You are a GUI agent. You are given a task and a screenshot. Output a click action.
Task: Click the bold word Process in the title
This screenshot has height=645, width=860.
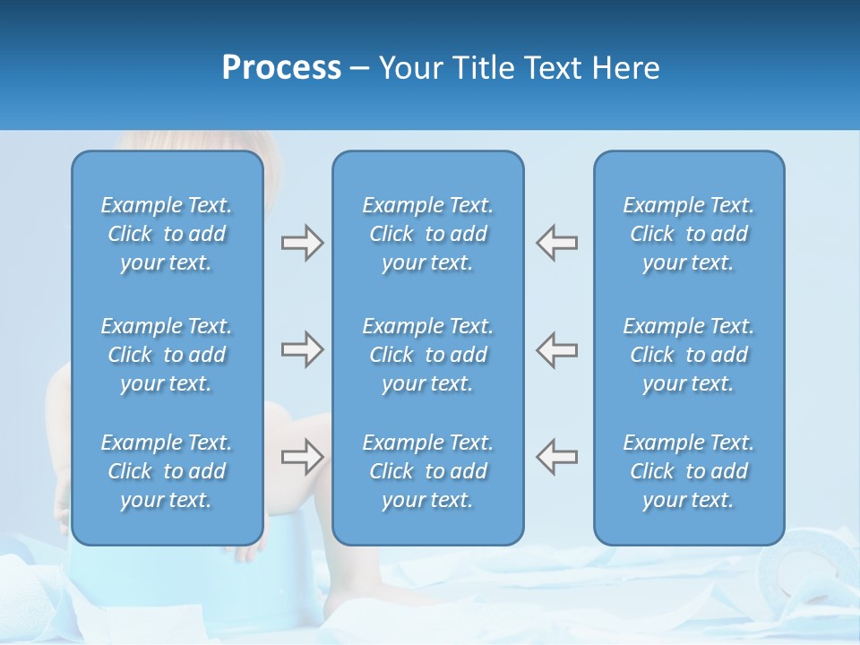tap(281, 68)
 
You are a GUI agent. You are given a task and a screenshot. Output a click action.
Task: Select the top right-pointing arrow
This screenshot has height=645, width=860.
tap(302, 243)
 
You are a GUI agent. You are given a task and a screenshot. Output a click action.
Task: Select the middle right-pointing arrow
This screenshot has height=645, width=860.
tap(302, 349)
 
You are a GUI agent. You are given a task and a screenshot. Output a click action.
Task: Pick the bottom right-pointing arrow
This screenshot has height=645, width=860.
tap(302, 457)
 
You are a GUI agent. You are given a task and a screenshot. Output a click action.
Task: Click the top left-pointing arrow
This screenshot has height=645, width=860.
tap(556, 243)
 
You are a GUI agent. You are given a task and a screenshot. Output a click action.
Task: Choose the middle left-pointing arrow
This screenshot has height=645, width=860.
tap(556, 349)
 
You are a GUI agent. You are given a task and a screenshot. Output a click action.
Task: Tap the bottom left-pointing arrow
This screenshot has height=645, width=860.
tap(556, 457)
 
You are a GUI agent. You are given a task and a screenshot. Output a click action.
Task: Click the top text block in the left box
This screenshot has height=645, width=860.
tap(167, 234)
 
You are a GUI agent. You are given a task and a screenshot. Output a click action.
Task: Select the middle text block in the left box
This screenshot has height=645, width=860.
tap(167, 355)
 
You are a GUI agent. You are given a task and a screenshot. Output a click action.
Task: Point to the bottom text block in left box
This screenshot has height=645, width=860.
tap(167, 471)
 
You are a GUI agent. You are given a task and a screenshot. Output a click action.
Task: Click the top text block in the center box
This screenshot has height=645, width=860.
tap(427, 234)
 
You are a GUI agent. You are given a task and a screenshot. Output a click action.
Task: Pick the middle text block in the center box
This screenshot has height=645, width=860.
tap(427, 355)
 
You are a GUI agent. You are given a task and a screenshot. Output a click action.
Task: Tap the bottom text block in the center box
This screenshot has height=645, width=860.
tap(427, 471)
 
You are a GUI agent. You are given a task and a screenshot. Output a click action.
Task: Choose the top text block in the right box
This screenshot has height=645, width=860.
tap(688, 234)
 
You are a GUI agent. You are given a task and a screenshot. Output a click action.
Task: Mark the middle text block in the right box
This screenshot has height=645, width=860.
tap(688, 355)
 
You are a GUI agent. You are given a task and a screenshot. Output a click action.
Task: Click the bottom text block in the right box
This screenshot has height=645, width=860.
tap(688, 471)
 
